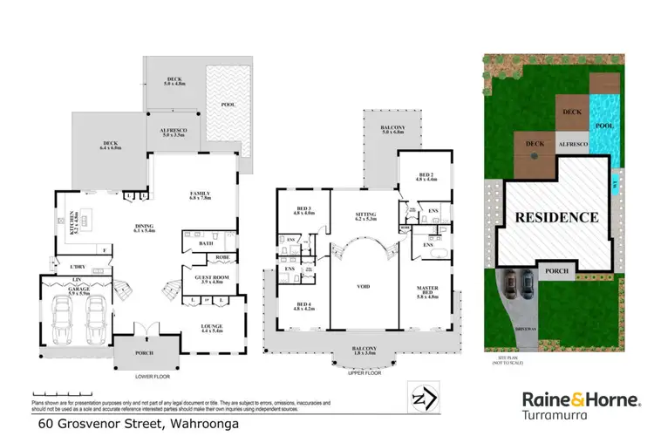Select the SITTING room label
[x=364, y=215]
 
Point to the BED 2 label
[x=425, y=177]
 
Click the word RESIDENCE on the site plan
[x=555, y=217]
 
